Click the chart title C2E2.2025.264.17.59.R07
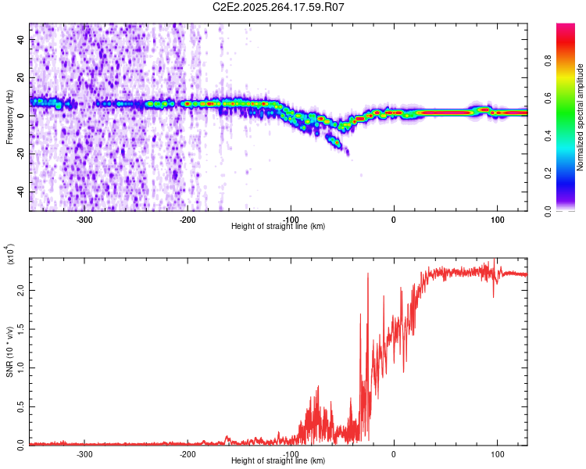coord(279,7)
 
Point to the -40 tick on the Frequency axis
coord(21,192)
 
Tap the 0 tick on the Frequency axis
coord(21,116)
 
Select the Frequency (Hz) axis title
coord(9,117)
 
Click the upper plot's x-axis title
coord(279,226)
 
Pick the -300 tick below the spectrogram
coord(85,218)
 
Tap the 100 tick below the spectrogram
coord(497,218)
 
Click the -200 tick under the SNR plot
coord(188,453)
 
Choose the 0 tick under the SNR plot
coord(394,453)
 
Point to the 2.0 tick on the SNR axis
coord(21,289)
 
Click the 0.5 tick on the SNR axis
coord(21,405)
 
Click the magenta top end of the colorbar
coord(566,28)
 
